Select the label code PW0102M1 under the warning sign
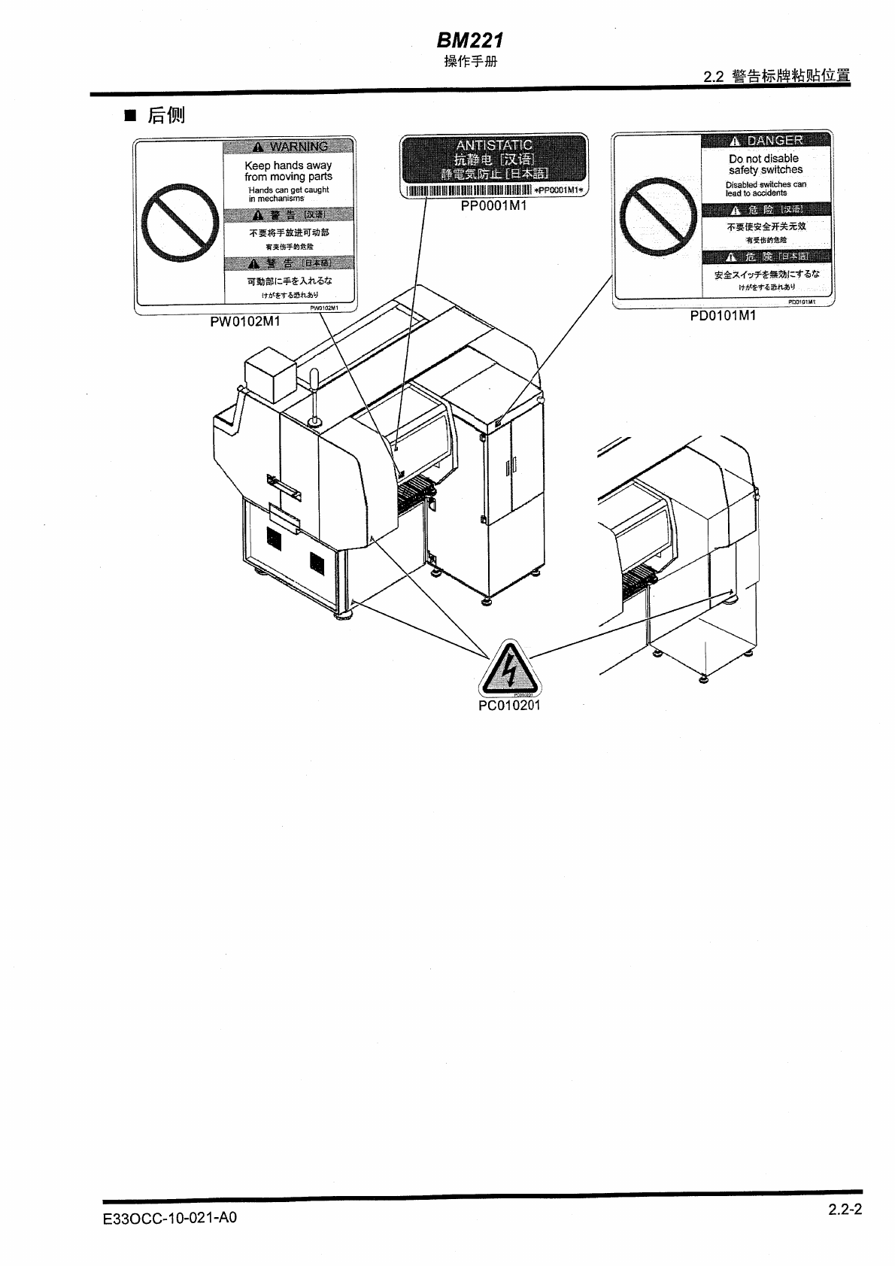pos(244,322)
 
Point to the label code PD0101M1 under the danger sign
pos(723,316)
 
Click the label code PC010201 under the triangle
pos(509,706)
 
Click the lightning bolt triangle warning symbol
pos(509,668)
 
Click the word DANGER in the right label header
pos(775,141)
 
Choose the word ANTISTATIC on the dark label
pos(494,144)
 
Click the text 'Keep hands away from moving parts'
pos(288,171)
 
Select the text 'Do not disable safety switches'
pos(766,164)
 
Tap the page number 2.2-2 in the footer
pos(845,1210)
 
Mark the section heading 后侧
pos(165,115)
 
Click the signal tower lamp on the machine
pos(316,396)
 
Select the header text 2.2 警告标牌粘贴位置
pos(776,77)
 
